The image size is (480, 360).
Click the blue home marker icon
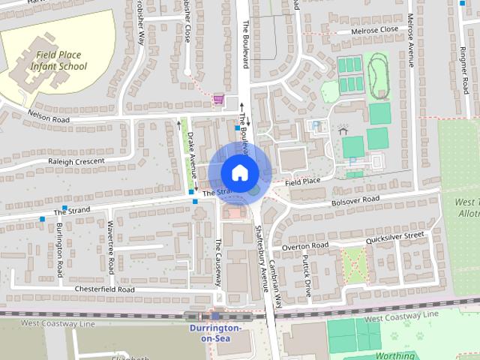click(x=239, y=172)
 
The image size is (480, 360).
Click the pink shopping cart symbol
click(x=218, y=99)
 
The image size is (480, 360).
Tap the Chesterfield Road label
click(x=104, y=289)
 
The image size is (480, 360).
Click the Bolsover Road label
click(x=354, y=201)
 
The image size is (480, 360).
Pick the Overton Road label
click(x=305, y=246)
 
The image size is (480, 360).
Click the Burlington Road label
click(x=59, y=249)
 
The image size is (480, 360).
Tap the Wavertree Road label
click(x=110, y=247)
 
